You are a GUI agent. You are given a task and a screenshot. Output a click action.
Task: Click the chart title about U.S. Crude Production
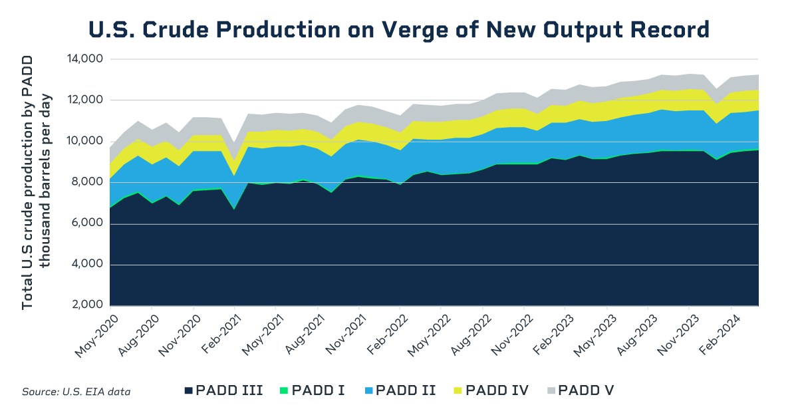click(x=399, y=29)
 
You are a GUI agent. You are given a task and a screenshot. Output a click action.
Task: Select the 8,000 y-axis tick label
click(x=86, y=182)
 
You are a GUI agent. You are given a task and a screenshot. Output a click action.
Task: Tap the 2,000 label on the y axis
click(x=86, y=305)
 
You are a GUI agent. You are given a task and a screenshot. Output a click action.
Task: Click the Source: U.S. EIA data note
click(x=76, y=392)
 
